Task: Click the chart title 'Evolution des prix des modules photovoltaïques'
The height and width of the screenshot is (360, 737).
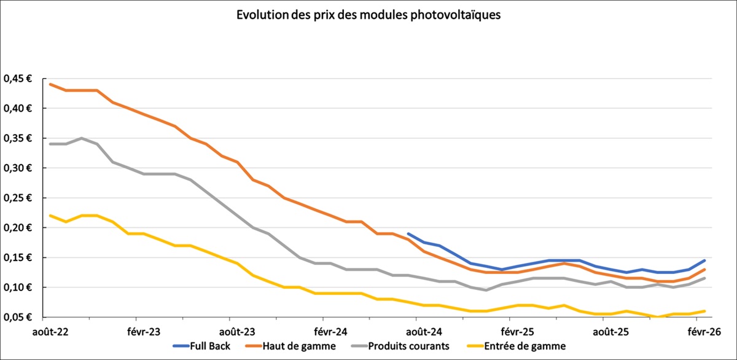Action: tap(368, 15)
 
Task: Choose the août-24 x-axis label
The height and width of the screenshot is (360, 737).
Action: tap(416, 331)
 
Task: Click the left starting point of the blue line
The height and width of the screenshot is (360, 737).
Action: tap(408, 233)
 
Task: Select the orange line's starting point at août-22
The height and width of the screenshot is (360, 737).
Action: tap(50, 84)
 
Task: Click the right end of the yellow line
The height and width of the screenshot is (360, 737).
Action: tap(704, 311)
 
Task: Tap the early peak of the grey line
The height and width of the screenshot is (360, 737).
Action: tap(82, 138)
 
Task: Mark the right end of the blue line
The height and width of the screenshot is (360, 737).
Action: tap(704, 260)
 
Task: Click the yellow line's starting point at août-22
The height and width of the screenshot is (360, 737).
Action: tap(50, 216)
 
